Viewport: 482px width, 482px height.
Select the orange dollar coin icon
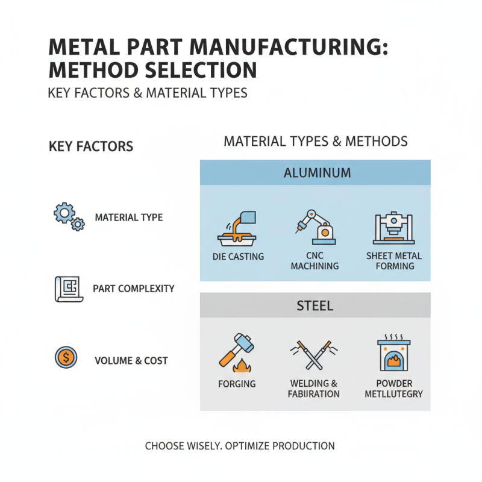point(66,360)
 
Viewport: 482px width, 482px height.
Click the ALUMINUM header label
point(316,173)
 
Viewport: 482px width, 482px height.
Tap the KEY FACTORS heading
point(90,146)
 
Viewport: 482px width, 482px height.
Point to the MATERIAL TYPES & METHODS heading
point(316,142)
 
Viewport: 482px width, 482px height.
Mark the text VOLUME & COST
point(131,361)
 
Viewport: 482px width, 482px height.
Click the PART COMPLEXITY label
point(134,289)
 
